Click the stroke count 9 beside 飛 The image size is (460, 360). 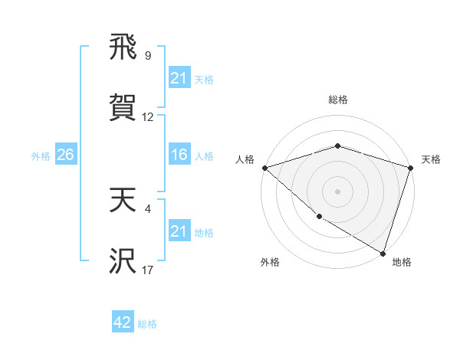tap(148, 55)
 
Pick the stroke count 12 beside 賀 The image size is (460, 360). tap(148, 117)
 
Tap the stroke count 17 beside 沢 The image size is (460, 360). tap(148, 270)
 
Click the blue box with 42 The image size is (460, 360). tap(123, 322)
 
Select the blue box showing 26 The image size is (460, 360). tap(65, 155)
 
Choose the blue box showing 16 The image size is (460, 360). tap(179, 155)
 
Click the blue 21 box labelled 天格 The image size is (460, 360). tap(179, 78)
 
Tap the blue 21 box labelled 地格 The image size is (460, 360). tap(179, 231)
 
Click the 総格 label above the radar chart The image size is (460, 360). tap(338, 100)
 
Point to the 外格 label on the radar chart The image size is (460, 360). tap(270, 262)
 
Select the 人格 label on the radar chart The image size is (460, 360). tap(245, 159)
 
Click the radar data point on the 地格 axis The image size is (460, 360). tap(383, 253)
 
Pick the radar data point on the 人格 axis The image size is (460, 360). tap(264, 168)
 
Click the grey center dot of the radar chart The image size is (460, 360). tap(338, 191)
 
